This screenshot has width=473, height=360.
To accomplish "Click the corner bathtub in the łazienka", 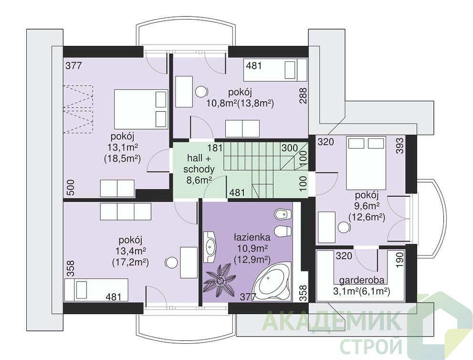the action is (x=272, y=282).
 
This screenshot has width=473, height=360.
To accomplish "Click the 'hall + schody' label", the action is (x=199, y=163).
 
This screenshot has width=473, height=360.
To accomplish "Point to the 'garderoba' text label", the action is (x=362, y=280).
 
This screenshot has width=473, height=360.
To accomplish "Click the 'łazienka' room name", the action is (x=252, y=237).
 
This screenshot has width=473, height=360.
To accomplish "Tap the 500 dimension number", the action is (x=70, y=188).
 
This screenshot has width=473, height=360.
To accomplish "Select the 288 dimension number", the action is (x=303, y=95).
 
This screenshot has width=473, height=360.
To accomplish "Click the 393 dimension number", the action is (x=399, y=146).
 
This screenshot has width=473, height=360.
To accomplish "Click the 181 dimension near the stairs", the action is (x=215, y=148).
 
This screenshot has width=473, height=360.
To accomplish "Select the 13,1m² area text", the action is (x=123, y=148).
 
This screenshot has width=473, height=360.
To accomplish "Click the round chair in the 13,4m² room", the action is (x=171, y=262).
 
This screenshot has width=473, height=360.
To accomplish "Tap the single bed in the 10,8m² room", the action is (x=275, y=70).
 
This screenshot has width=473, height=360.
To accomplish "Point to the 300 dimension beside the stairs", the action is (x=289, y=148).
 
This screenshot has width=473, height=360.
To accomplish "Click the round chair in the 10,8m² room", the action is (x=201, y=91).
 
